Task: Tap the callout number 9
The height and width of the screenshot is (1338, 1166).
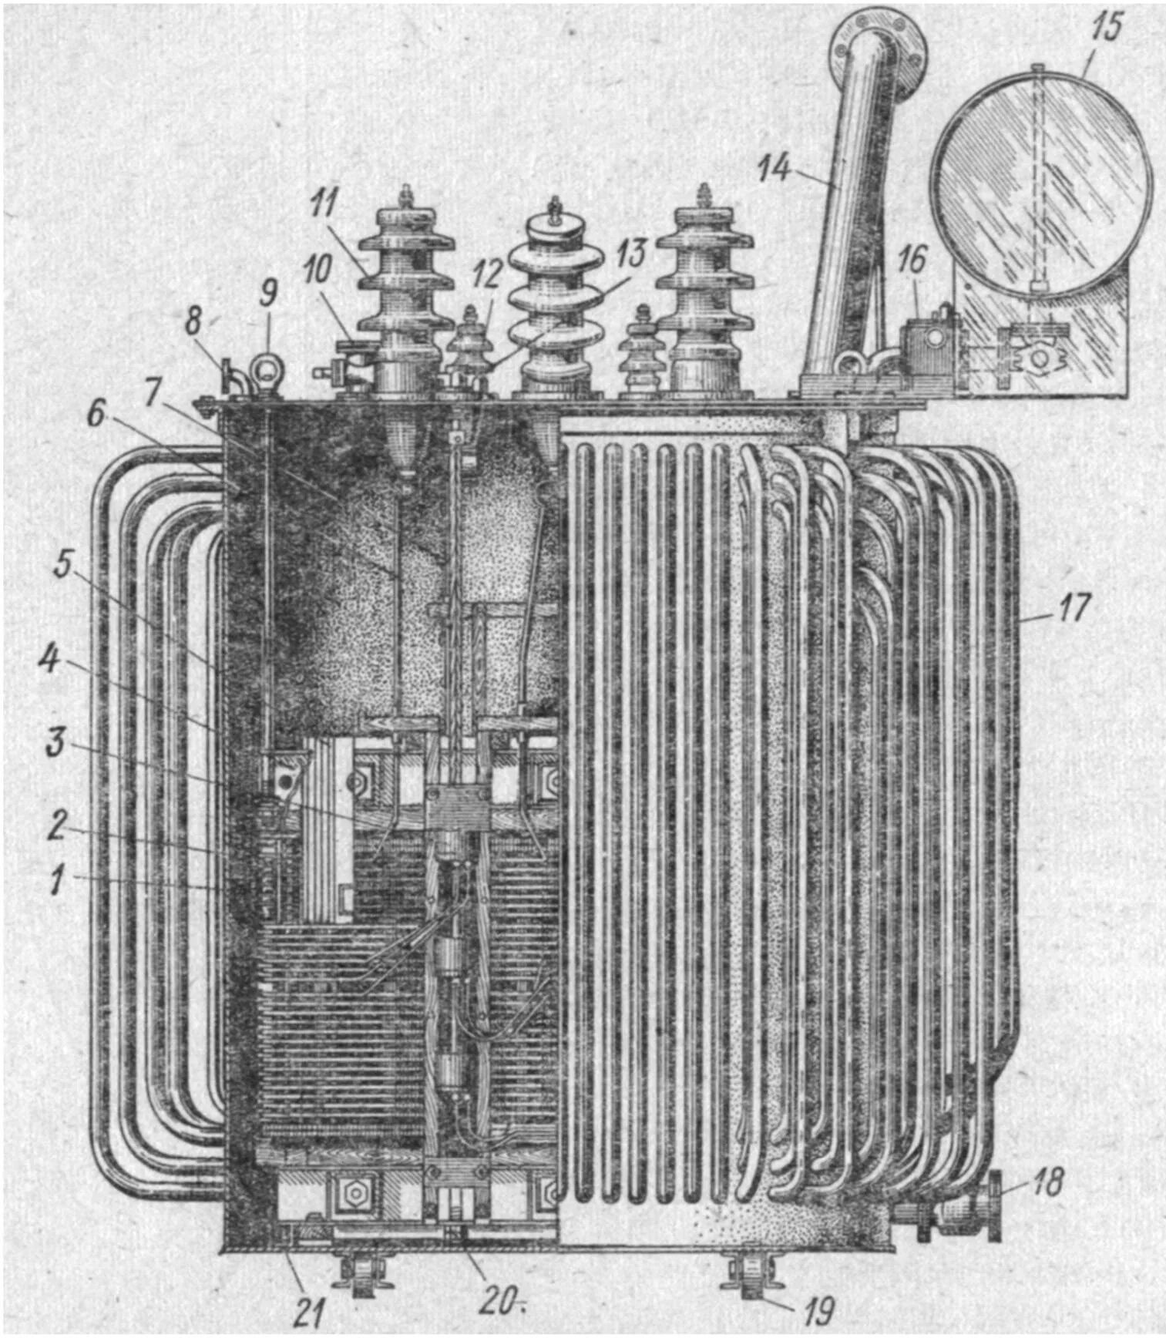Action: [x=267, y=293]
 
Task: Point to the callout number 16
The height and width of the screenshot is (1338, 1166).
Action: [x=912, y=260]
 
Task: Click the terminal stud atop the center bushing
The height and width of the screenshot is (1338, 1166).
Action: [x=553, y=208]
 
